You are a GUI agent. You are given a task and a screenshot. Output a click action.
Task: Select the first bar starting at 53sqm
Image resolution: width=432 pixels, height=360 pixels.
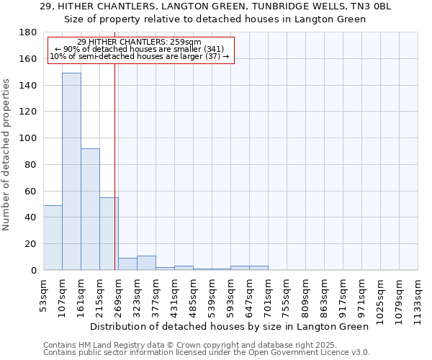[53, 238]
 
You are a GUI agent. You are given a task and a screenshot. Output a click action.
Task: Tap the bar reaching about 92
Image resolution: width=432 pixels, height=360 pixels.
[90, 209]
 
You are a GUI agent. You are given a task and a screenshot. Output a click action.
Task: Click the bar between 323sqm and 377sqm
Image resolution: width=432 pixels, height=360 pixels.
[146, 263]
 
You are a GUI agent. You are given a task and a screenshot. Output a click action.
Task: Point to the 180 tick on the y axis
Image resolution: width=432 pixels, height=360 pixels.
[28, 32]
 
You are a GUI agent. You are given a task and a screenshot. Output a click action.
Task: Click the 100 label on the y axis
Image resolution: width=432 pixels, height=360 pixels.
[28, 138]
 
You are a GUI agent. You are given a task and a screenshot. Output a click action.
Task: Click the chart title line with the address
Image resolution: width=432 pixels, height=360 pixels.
[216, 6]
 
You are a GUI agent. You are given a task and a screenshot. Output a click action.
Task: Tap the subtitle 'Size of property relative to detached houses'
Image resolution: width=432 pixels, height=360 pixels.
[216, 19]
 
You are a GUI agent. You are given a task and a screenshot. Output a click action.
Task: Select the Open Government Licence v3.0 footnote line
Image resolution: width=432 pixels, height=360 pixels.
[207, 353]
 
